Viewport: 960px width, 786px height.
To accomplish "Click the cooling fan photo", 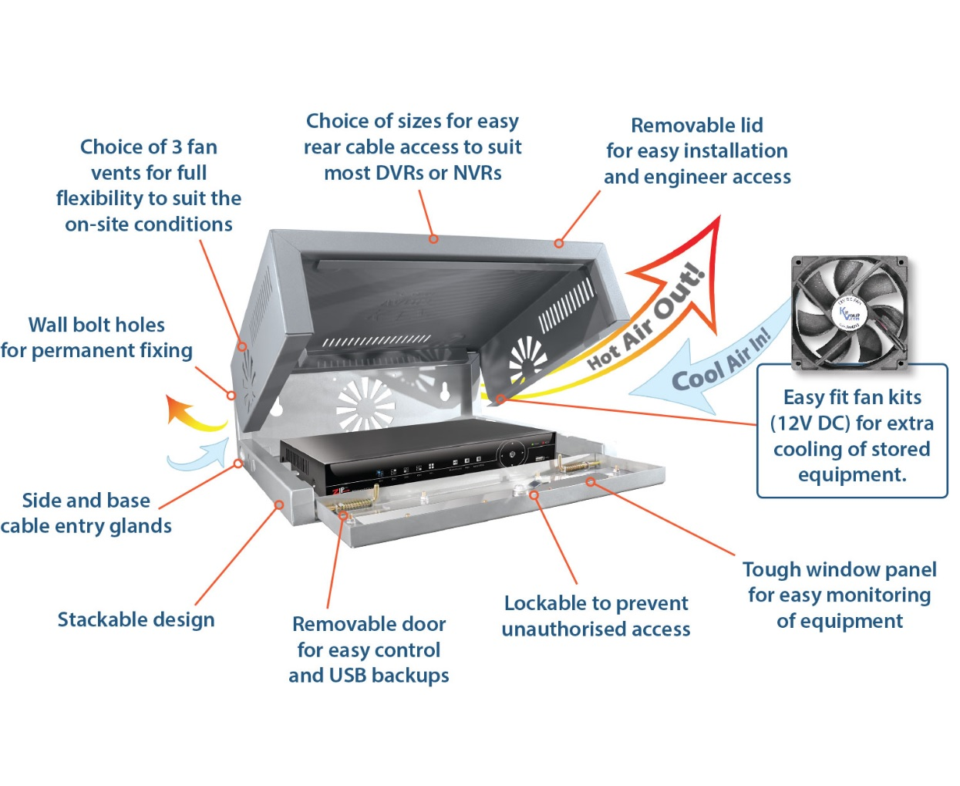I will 850,310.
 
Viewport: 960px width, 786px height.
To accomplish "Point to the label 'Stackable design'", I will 136,619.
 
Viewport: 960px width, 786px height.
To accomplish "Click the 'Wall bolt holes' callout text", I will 96,338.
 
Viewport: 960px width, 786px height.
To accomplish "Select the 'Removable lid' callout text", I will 697,151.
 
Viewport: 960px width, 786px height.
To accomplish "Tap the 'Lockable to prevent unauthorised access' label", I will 596,616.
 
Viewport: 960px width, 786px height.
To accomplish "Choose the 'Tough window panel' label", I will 839,595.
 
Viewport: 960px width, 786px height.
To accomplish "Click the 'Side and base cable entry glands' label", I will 86,513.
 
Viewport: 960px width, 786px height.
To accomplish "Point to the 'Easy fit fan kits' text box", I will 852,434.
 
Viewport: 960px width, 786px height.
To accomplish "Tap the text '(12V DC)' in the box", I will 810,423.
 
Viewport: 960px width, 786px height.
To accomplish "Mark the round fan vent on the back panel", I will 365,402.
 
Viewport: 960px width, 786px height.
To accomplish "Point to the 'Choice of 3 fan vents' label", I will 148,186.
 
